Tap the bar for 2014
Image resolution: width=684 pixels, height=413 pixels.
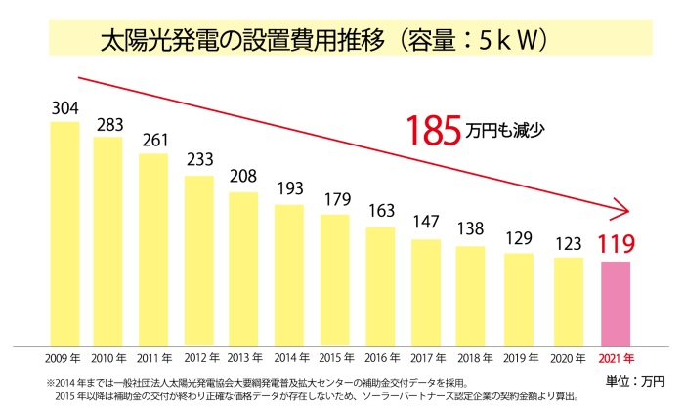289,274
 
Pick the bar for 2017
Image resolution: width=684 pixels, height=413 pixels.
426,291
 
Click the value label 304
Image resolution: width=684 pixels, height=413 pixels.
64,107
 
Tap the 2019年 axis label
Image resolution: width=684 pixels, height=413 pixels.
519,357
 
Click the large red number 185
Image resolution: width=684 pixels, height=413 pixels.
435,130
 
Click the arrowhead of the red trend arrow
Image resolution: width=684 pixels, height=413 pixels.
630,209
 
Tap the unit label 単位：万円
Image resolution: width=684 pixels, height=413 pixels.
636,380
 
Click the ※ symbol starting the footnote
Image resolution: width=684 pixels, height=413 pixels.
50,383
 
